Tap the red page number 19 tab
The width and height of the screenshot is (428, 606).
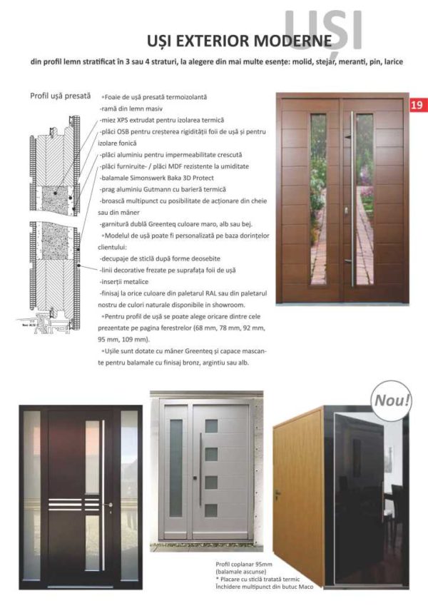click(x=417, y=104)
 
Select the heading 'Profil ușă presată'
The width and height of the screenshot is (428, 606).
click(x=61, y=95)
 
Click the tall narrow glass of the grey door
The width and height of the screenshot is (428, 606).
click(x=175, y=468)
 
